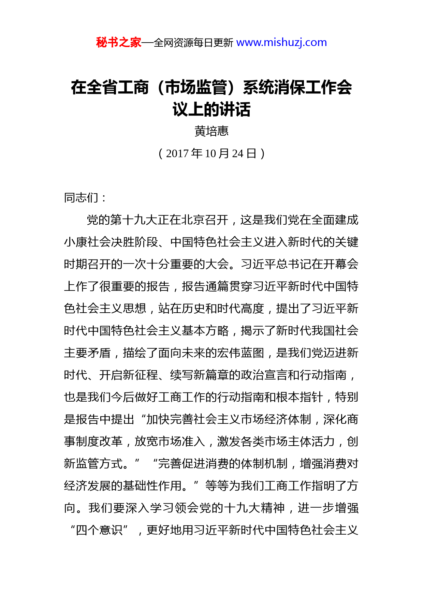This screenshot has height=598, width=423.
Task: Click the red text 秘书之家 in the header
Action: [118, 43]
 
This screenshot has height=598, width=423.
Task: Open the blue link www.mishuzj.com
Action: [281, 43]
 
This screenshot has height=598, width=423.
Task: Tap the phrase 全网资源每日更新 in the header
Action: [193, 43]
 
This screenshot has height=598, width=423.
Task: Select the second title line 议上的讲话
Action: [211, 109]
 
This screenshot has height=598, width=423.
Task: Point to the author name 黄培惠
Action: [211, 131]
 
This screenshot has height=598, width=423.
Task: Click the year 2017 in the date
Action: [177, 154]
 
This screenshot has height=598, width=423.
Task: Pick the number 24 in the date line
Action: [237, 154]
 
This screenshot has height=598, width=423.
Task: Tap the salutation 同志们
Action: [81, 197]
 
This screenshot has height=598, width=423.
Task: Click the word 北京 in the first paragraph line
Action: [181, 220]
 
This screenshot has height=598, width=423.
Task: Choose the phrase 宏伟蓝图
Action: [240, 353]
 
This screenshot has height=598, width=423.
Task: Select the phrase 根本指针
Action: [299, 397]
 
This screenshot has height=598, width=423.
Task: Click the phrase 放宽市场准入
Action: [170, 442]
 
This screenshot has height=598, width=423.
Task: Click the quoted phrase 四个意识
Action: [99, 530]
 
